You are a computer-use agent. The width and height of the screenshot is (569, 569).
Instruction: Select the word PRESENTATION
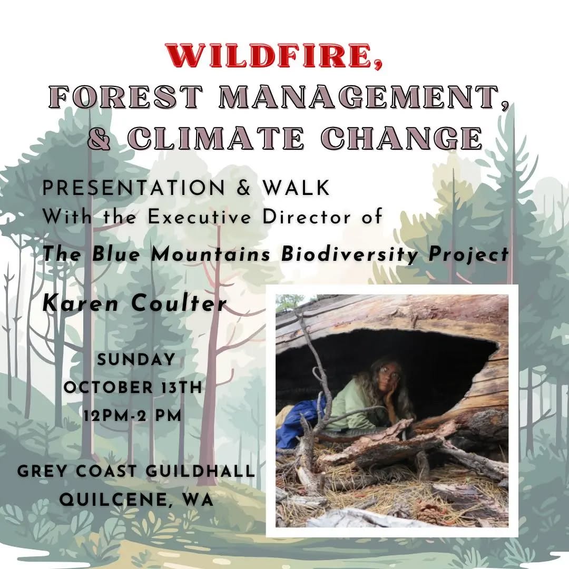[135, 189]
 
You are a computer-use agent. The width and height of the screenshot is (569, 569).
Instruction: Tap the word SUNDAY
[136, 359]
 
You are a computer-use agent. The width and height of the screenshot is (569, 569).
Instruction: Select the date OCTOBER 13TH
[133, 387]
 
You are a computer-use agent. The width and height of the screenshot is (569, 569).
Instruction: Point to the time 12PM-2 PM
[133, 415]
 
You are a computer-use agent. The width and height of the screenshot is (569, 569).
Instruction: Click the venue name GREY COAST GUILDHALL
[136, 470]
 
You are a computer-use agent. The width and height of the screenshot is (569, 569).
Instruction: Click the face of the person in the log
[390, 375]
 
